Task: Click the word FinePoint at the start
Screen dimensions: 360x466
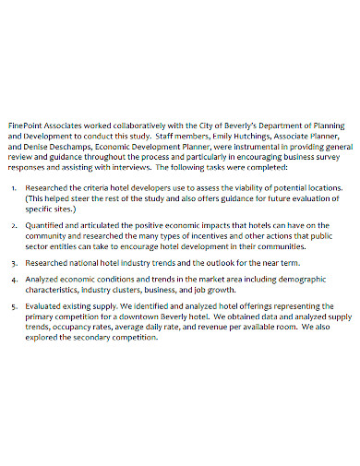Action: pyautogui.click(x=25, y=125)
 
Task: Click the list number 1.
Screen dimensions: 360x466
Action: pyautogui.click(x=14, y=187)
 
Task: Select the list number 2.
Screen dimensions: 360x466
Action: pyautogui.click(x=14, y=224)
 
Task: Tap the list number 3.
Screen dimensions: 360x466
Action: pyautogui.click(x=14, y=261)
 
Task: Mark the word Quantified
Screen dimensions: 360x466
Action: pyautogui.click(x=46, y=224)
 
